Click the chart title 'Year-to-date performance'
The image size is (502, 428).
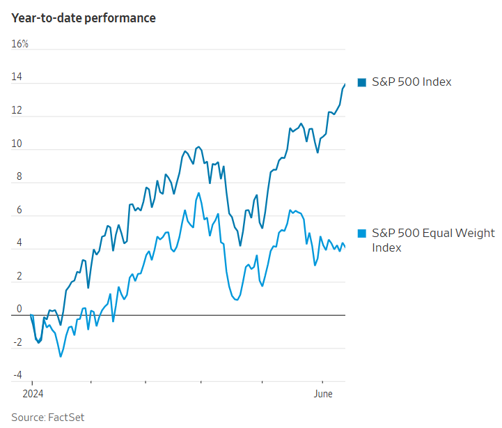(x=84, y=18)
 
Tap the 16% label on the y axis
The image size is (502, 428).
(x=19, y=45)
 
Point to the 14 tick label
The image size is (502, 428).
(x=17, y=77)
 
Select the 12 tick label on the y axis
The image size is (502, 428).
(x=17, y=111)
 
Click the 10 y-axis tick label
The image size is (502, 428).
(x=17, y=144)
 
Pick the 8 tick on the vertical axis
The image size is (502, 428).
(x=19, y=177)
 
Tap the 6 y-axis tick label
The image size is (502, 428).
(x=19, y=211)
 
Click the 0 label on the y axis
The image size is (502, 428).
(x=19, y=309)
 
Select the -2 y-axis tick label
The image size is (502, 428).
(x=17, y=343)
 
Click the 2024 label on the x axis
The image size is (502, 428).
(x=32, y=394)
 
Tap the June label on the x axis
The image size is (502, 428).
(x=322, y=394)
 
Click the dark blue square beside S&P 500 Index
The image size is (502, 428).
(x=361, y=82)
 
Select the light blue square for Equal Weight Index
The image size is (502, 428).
(x=361, y=233)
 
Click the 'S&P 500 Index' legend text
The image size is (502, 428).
(x=411, y=82)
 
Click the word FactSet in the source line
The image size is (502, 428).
(x=66, y=417)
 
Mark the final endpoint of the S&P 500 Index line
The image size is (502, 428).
(x=345, y=84)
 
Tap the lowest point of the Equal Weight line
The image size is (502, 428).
(x=61, y=357)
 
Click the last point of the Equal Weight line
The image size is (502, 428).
(x=345, y=247)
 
